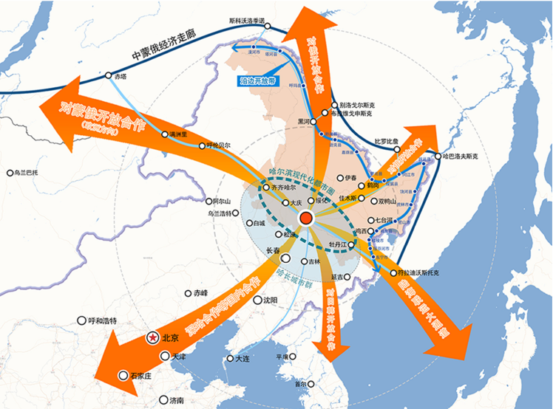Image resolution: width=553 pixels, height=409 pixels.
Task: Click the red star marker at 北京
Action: coord(153,337)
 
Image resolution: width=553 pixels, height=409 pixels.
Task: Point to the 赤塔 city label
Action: coord(121,75)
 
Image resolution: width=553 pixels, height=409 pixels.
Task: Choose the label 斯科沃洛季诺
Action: coord(257,21)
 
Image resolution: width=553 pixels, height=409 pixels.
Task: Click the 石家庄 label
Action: coord(143,375)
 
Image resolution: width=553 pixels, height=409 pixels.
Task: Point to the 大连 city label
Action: coord(244,359)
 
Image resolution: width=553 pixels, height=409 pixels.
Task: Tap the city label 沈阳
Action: coord(270,300)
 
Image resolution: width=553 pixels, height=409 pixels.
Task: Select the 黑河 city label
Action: coord(304,121)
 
